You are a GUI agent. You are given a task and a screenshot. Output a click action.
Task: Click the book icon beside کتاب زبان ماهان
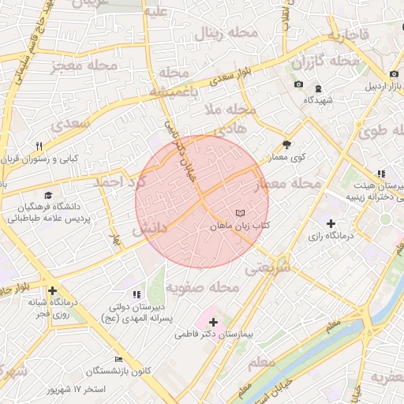(x=241, y=214)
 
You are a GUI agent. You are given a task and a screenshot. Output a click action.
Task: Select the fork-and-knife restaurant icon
(x=39, y=146)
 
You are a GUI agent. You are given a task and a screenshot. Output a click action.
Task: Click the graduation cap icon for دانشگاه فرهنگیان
(x=48, y=195)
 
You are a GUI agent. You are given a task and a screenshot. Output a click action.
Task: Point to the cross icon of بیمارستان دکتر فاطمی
(x=214, y=322)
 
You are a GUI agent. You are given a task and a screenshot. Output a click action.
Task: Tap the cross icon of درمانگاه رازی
(x=331, y=223)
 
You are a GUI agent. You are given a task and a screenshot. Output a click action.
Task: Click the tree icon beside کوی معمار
(x=286, y=144)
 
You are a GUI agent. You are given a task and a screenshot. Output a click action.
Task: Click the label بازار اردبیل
(x=378, y=86)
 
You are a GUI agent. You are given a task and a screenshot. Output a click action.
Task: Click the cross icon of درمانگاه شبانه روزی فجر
(x=52, y=290)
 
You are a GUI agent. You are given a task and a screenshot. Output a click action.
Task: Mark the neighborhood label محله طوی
(x=379, y=131)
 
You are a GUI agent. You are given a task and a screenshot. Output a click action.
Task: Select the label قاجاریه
(x=348, y=36)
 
